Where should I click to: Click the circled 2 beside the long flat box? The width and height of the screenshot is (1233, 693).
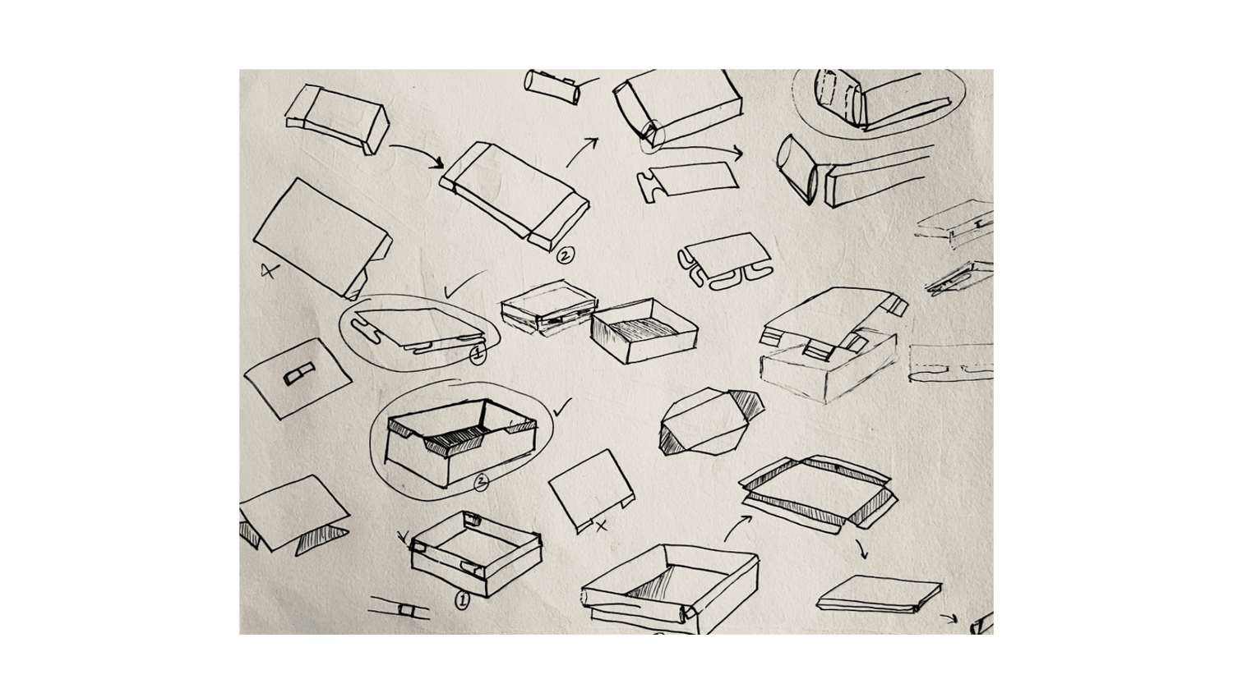click(x=566, y=256)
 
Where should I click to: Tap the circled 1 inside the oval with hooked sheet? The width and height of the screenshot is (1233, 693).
click(x=476, y=355)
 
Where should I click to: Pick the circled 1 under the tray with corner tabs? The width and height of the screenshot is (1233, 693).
click(x=462, y=601)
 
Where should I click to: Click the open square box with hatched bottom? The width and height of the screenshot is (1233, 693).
click(x=644, y=328)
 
